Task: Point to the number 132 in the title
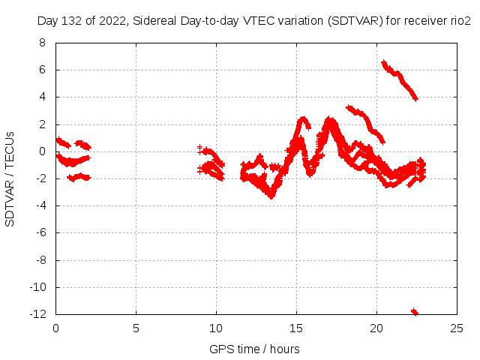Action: click(72, 21)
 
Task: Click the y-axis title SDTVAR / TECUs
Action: click(10, 178)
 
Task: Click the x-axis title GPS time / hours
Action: click(254, 349)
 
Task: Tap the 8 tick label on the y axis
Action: click(42, 43)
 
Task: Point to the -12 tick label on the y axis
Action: click(37, 314)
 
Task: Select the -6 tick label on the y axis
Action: click(40, 232)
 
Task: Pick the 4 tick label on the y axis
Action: click(42, 97)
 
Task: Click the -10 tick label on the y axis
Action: click(37, 287)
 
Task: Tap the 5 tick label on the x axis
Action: click(136, 328)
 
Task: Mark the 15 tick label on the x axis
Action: click(297, 328)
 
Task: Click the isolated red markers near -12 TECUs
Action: click(414, 311)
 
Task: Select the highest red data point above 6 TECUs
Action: click(384, 63)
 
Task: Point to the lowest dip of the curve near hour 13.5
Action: click(271, 196)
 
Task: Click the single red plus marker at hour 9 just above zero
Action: click(200, 148)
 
